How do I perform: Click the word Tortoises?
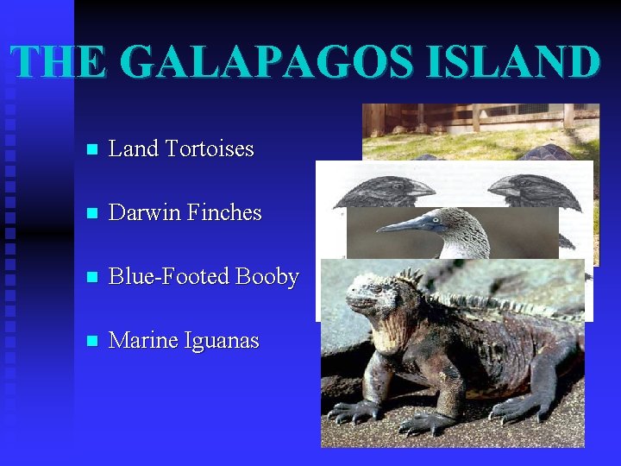[209, 148]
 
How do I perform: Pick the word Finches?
[222, 212]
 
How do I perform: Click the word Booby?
[267, 277]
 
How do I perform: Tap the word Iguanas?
[221, 341]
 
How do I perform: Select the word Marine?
[143, 341]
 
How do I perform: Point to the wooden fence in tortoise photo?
[483, 116]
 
